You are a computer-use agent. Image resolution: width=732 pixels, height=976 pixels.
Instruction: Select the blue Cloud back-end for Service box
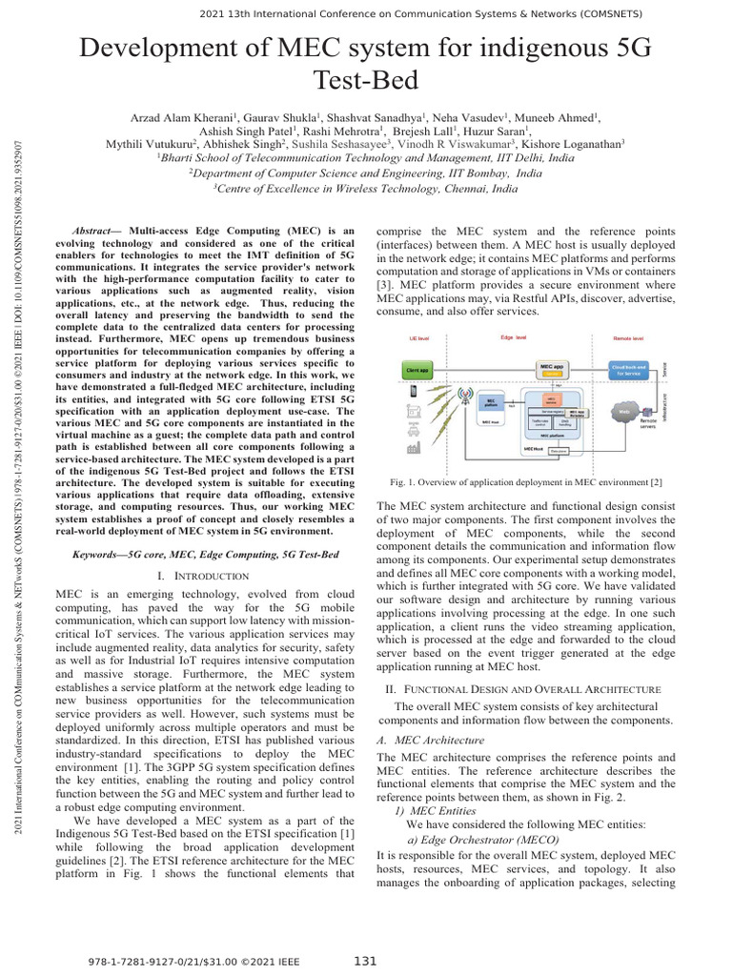click(x=628, y=369)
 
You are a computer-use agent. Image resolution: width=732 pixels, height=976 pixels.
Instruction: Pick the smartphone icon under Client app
click(x=413, y=392)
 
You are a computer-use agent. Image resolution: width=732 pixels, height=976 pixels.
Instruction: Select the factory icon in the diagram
click(x=413, y=447)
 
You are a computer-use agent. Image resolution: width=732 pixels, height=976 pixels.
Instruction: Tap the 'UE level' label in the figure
click(x=419, y=338)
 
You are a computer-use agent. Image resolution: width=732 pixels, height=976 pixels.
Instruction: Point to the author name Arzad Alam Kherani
click(x=183, y=116)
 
